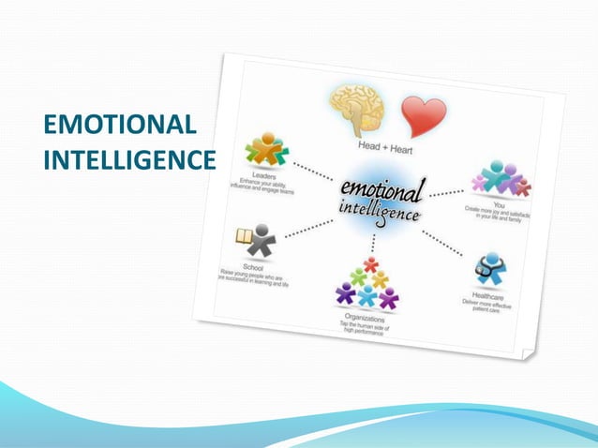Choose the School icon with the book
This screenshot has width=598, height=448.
[x=252, y=241]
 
